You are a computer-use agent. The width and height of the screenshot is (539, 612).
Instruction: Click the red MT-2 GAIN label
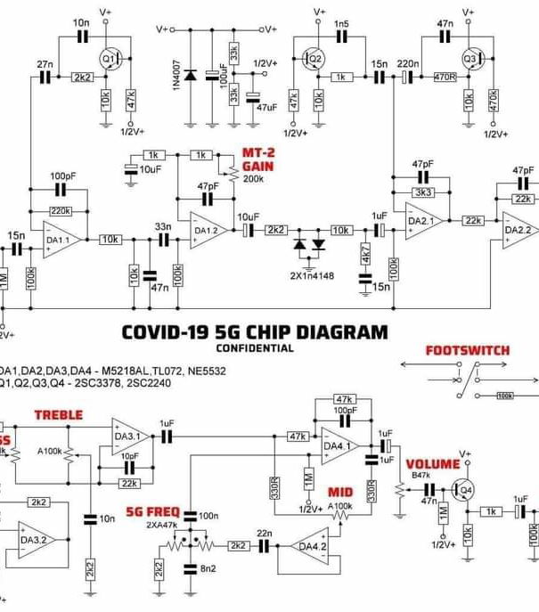[x=257, y=159]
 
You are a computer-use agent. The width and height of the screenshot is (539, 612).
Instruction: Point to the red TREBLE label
[x=58, y=414]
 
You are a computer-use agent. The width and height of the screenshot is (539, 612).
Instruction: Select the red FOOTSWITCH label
[x=467, y=350]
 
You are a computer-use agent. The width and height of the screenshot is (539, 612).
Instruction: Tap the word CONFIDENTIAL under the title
[x=254, y=348]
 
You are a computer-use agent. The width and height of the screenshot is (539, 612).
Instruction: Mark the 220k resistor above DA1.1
[x=60, y=211]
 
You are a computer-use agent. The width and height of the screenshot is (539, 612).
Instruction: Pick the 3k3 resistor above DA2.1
[x=422, y=192]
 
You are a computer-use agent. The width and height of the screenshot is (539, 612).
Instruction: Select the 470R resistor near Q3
[x=445, y=78]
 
